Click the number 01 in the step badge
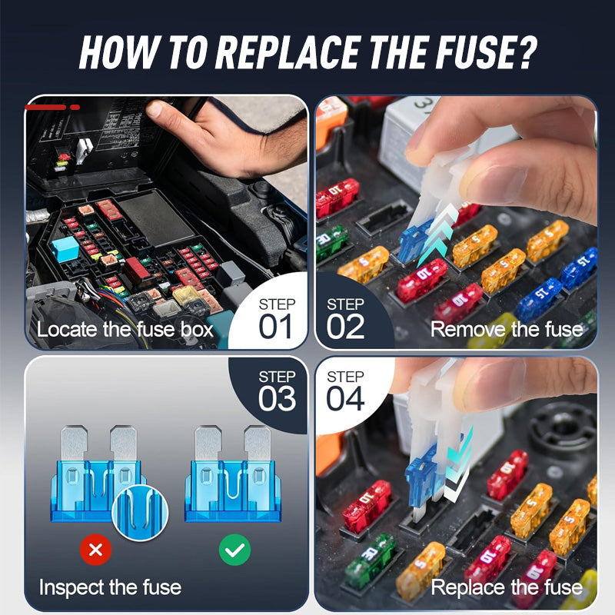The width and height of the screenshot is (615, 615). coord(275,326)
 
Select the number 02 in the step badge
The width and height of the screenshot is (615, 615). coord(345,326)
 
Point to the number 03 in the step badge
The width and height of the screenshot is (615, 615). coord(277,398)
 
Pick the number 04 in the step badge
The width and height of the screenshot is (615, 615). coord(345,398)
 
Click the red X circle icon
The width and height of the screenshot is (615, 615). coord(95,550)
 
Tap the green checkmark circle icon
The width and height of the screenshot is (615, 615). coord(234,550)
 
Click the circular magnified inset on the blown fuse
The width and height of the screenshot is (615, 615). coord(140,513)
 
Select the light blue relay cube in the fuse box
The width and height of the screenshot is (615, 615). coord(65,249)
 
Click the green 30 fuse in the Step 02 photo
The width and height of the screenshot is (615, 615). coord(332,243)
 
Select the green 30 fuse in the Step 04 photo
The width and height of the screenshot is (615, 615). coord(371,555)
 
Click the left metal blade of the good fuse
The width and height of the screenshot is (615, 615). coord(208,443)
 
